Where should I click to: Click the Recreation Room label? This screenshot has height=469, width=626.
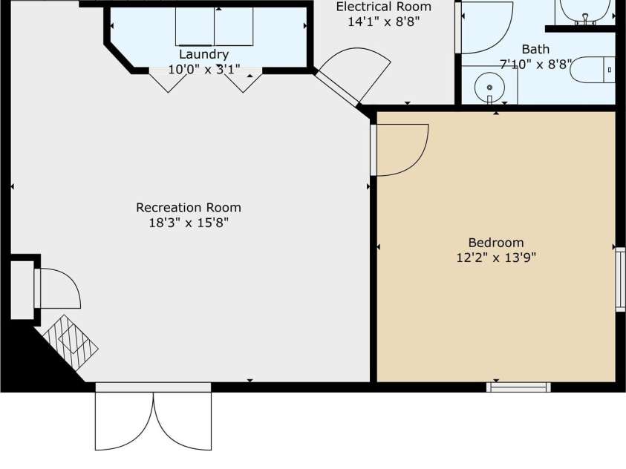tap(189, 207)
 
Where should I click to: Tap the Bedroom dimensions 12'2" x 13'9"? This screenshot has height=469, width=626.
tap(496, 258)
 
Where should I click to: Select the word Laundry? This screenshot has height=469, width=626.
tap(203, 54)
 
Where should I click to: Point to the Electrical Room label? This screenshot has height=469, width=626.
tap(384, 7)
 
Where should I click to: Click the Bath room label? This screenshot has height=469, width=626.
tap(535, 50)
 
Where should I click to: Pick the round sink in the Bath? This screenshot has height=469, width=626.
tap(489, 87)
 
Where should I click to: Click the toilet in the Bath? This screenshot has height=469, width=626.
tap(593, 70)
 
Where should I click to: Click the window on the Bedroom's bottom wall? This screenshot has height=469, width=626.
tap(518, 387)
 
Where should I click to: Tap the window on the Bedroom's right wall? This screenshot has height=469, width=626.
tap(620, 279)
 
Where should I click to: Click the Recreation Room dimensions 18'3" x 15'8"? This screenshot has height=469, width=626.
tap(189, 223)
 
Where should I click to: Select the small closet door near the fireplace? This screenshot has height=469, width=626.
tap(58, 289)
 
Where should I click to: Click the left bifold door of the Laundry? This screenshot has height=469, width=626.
tap(168, 82)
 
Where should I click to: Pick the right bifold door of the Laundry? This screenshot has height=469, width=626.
tap(243, 82)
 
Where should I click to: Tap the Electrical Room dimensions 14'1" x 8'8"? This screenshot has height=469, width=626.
tap(384, 22)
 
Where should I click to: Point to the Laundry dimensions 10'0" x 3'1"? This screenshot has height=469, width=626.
tap(203, 70)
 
